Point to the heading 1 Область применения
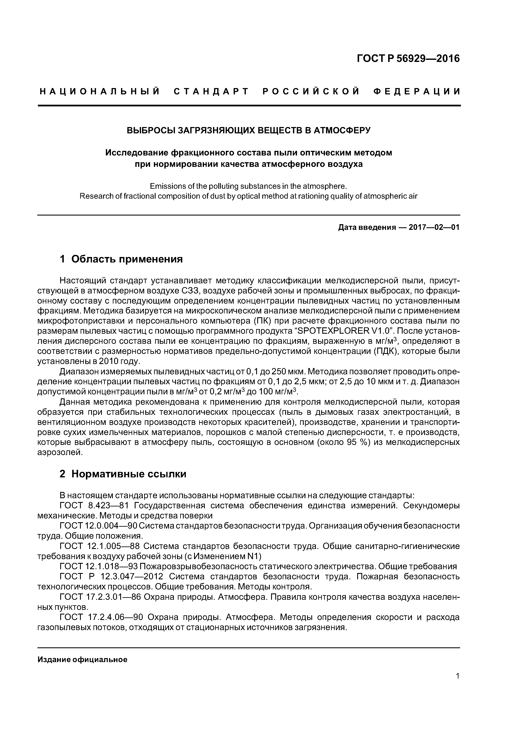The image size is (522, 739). tap(121, 259)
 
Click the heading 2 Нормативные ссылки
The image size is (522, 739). tap(123, 474)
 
